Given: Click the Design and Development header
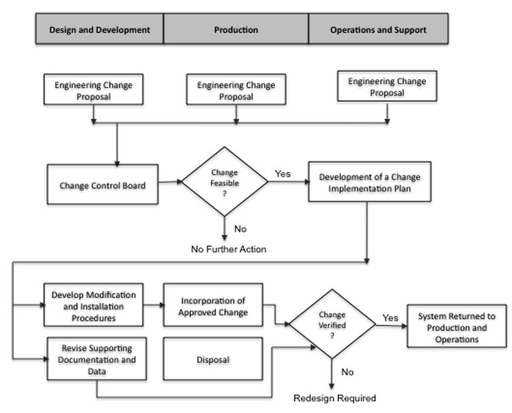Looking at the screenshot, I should (x=99, y=30).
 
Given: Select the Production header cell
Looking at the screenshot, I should (x=236, y=30).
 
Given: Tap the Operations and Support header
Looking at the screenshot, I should (x=378, y=30).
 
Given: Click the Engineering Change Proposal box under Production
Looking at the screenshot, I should (x=236, y=90).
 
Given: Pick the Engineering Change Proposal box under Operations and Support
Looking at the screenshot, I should (x=387, y=87).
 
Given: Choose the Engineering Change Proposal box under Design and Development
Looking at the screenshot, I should (x=93, y=90).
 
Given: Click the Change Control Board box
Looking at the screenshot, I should (x=102, y=184).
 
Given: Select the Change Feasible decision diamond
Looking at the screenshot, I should (x=224, y=183).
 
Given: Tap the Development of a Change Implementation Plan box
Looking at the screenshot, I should (x=369, y=182).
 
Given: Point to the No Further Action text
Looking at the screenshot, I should (x=228, y=248).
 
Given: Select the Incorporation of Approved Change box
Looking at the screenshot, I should (x=213, y=306).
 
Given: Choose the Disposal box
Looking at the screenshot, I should (x=213, y=359).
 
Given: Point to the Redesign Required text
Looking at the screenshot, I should (x=334, y=398).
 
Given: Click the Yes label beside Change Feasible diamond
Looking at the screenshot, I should (x=283, y=173).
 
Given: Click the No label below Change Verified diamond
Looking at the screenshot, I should (x=347, y=372).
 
